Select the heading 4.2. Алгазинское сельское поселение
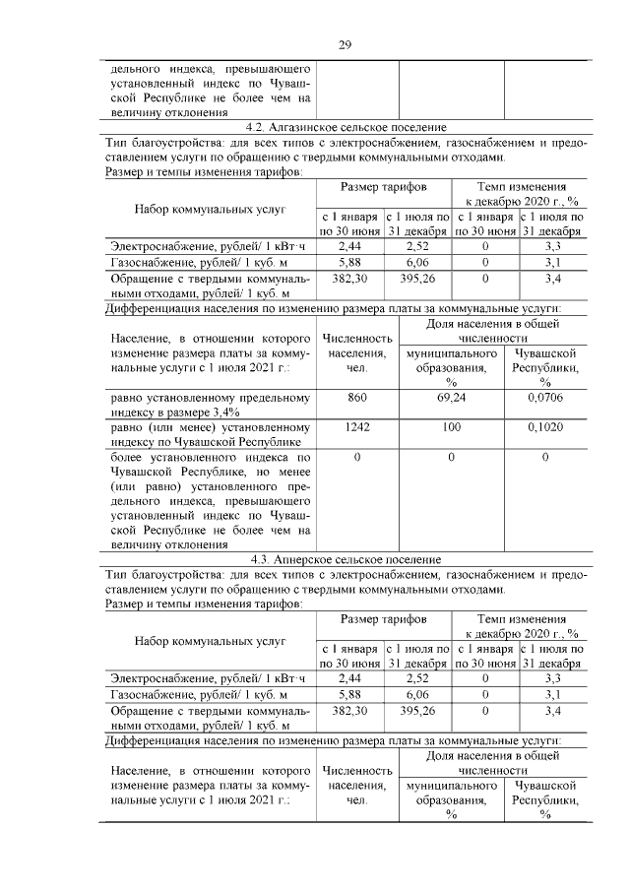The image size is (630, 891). pyautogui.click(x=346, y=128)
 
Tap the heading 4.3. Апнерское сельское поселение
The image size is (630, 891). pyautogui.click(x=346, y=559)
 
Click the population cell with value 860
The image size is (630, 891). pyautogui.click(x=356, y=398)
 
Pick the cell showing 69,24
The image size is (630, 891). pyautogui.click(x=451, y=398)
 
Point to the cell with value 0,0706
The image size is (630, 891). pyautogui.click(x=544, y=398)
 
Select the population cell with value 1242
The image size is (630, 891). pyautogui.click(x=356, y=429)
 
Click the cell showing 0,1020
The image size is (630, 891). pyautogui.click(x=544, y=429)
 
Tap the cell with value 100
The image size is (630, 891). pyautogui.click(x=451, y=429)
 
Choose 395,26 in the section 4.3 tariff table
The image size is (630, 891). pyautogui.click(x=417, y=710)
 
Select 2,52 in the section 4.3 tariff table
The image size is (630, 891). pyautogui.click(x=417, y=677)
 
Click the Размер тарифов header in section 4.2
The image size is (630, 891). pyautogui.click(x=384, y=186)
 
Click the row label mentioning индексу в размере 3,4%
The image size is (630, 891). pyautogui.click(x=210, y=405)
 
